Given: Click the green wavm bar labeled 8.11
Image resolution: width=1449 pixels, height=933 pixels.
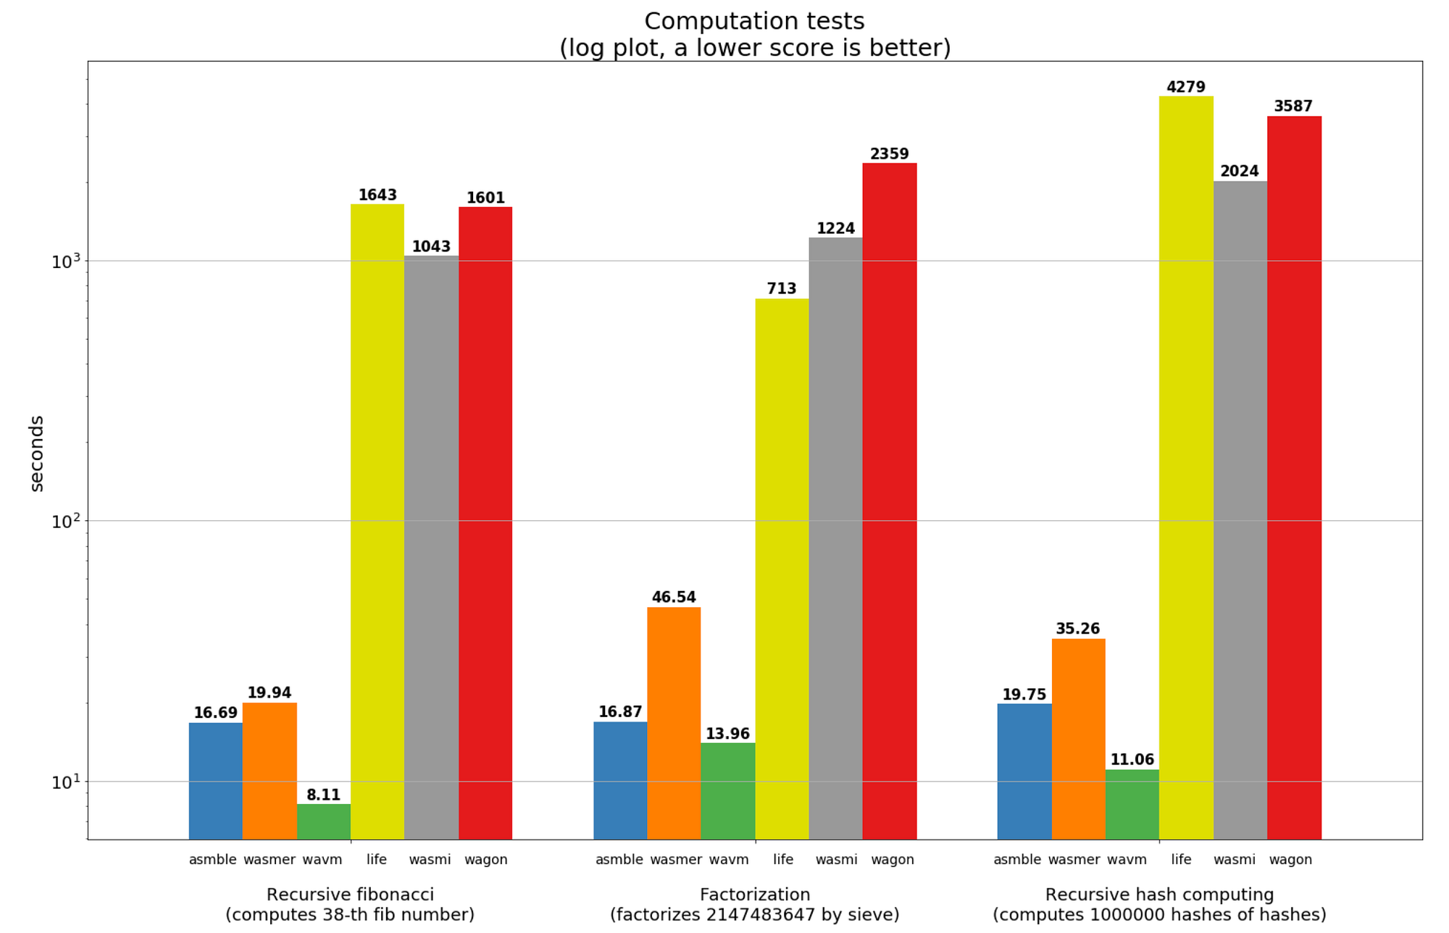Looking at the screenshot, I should [x=323, y=821].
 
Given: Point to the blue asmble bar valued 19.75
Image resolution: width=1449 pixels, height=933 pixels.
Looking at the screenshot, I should [x=1024, y=771].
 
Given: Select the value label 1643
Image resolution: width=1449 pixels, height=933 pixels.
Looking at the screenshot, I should [x=377, y=195].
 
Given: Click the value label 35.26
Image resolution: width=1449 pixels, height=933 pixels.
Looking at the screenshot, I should [x=1077, y=629].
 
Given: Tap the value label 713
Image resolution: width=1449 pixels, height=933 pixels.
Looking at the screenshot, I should [x=782, y=289].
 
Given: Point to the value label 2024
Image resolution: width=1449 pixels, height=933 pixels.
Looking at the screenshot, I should [x=1240, y=172].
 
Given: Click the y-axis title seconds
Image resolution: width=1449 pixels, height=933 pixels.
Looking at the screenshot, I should [x=36, y=453].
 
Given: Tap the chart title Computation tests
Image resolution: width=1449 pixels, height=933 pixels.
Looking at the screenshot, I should [x=754, y=22].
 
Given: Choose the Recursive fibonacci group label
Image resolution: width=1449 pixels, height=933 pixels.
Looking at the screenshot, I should [x=350, y=895].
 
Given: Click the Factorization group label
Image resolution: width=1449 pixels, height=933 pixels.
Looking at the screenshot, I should [x=754, y=895].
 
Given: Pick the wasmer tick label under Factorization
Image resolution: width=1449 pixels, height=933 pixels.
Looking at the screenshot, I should [x=675, y=860].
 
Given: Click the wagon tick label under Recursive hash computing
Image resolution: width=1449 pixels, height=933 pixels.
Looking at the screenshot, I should [x=1290, y=860].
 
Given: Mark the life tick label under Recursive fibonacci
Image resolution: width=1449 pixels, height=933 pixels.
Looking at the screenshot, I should [x=377, y=860].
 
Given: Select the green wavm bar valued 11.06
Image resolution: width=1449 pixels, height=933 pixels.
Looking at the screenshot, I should [x=1132, y=804].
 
